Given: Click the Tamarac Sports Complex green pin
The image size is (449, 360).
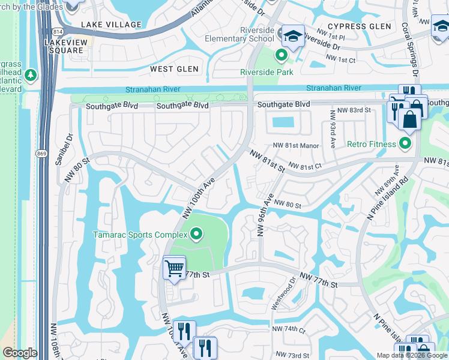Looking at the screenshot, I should coord(196,234).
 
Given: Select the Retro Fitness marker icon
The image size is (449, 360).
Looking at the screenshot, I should coord(405,144).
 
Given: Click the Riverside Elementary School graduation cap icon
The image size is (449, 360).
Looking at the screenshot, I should coord(294,37).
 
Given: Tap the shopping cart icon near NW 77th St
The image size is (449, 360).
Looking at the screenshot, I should coord(174,268).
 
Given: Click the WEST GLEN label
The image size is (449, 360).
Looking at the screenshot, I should coord(174,70).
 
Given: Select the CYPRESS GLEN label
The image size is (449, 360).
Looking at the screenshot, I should coord(359,26).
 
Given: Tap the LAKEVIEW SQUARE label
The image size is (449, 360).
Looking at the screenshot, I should coord(64,46).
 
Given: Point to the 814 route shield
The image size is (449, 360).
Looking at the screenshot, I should coord(57,31).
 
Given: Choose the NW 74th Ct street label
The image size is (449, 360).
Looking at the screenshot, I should coord(289,330).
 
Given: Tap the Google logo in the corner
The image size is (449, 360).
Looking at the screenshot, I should coord(20,353).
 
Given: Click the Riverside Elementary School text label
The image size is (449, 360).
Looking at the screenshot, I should coord(248,35).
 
